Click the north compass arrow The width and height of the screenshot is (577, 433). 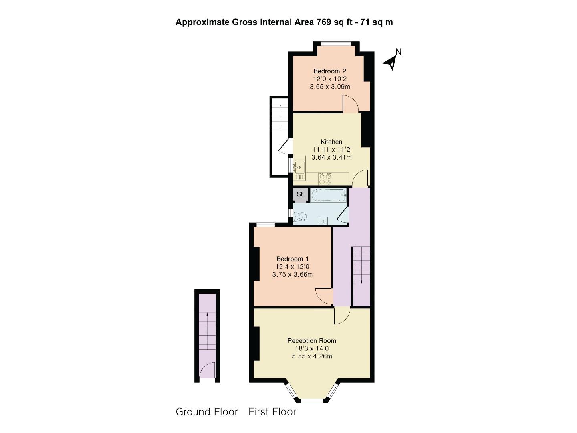click(391, 62)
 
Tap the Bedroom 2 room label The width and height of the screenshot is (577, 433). click(329, 71)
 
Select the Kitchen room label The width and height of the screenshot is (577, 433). click(331, 142)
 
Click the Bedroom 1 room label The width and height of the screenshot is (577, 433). click(292, 259)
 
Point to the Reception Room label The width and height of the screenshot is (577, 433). click(312, 341)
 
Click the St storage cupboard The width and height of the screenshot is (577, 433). click(300, 194)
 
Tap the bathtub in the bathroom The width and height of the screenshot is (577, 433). click(328, 195)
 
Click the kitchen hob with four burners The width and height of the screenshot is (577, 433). click(325, 179)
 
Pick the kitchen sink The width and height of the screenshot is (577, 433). click(299, 167)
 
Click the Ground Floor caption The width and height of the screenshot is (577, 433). click(207, 412)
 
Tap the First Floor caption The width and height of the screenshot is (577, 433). click(272, 412)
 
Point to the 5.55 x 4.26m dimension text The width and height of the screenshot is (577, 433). click(312, 356)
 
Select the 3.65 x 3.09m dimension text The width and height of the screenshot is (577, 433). click(330, 86)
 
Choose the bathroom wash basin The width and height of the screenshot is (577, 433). click(323, 220)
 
